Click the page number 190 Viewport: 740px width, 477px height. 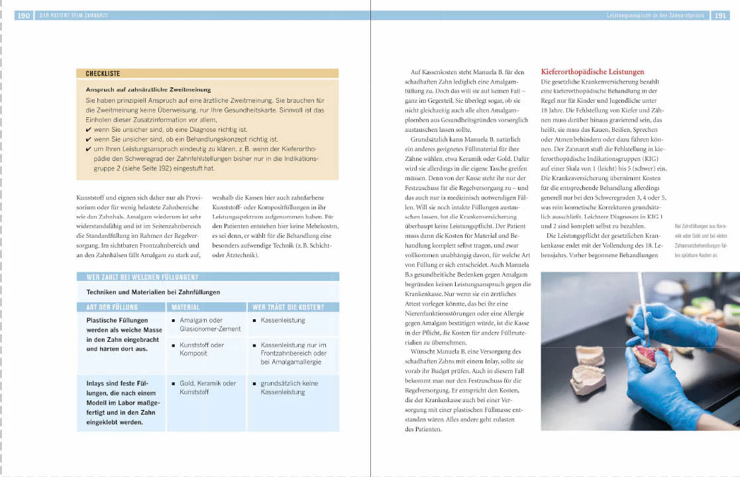(x=24, y=15)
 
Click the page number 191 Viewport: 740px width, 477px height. (x=720, y=15)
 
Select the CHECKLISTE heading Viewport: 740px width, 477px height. (x=103, y=74)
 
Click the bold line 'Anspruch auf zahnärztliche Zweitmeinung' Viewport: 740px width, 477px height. (x=148, y=89)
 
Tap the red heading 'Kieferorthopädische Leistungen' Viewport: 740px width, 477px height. (x=592, y=72)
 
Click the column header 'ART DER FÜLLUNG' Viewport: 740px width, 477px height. (x=112, y=307)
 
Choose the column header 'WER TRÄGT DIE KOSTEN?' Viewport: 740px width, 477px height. (x=288, y=307)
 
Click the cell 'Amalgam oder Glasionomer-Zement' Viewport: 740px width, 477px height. (x=205, y=324)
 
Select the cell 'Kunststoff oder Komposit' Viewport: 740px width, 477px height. (x=201, y=349)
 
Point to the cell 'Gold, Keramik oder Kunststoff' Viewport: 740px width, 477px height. (x=207, y=388)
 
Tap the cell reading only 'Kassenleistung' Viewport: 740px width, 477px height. (x=282, y=320)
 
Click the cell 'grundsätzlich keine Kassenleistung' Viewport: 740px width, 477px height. (x=289, y=388)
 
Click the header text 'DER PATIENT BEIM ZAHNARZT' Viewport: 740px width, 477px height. (x=74, y=15)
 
